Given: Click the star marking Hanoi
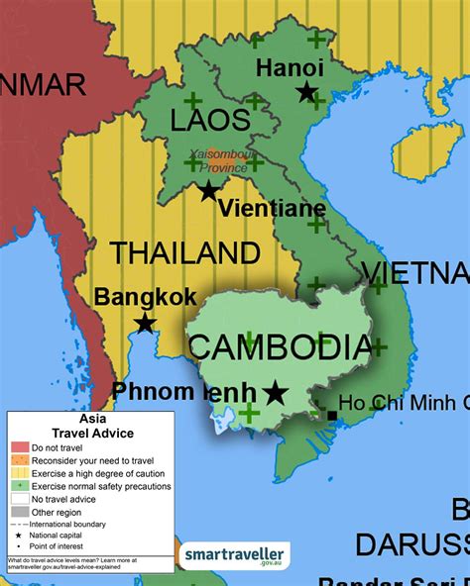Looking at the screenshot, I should (x=306, y=92).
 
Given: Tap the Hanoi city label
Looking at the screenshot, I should (x=290, y=67).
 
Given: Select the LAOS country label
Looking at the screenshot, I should (x=211, y=122).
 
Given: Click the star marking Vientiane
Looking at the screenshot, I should (x=208, y=191).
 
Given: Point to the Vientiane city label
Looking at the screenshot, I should (x=271, y=209).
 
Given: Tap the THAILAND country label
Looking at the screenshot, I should (x=184, y=252).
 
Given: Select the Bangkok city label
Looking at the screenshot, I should (x=146, y=297).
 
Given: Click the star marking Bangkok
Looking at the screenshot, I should (x=145, y=323).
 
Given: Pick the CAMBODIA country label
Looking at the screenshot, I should (x=280, y=347).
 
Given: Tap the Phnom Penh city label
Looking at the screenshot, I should (x=184, y=392).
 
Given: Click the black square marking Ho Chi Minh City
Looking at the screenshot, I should (x=331, y=415).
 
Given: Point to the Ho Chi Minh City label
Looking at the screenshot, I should (x=403, y=402).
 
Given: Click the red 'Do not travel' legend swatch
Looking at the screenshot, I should (x=19, y=447).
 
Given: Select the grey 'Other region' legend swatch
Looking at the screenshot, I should (x=19, y=512).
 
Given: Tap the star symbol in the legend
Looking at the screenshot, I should (x=19, y=536).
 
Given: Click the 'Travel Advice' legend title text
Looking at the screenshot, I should (x=91, y=433).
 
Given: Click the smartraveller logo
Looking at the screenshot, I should (x=234, y=555).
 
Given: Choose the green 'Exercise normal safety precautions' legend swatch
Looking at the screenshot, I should (x=19, y=486).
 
